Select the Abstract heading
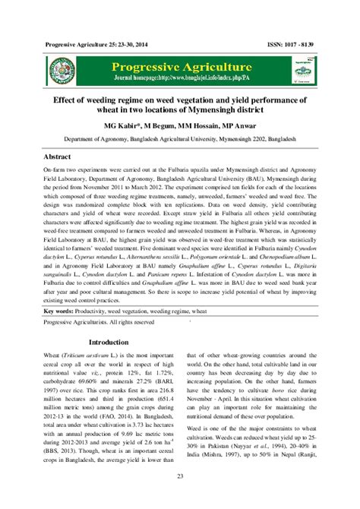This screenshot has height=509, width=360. pos(60,155)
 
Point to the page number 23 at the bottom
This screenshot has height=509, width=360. pos(180,476)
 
